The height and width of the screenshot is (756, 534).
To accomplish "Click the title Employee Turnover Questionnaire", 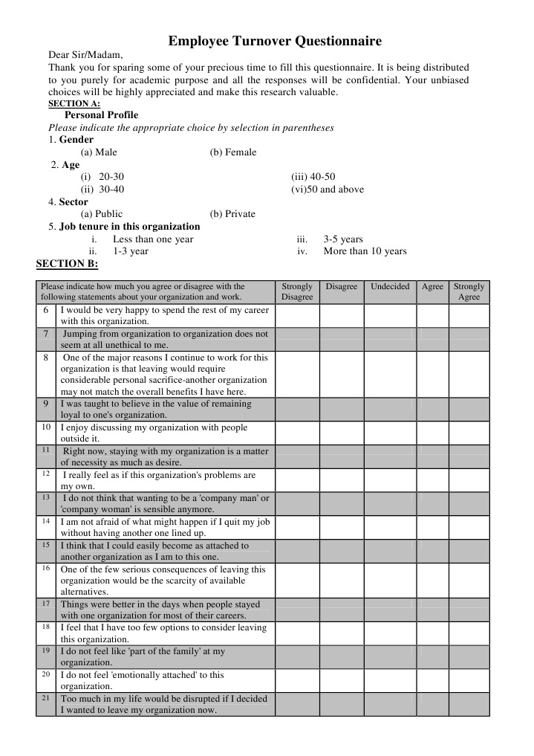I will pos(274,41).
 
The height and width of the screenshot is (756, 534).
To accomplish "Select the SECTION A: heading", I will pos(74,103).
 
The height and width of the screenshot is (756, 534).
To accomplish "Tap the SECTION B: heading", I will pos(67,263).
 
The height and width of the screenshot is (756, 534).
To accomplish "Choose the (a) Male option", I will pos(99,152).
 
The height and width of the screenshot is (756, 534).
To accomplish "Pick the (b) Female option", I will pos(232,152).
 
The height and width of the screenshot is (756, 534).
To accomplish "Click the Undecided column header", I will pos(389,286).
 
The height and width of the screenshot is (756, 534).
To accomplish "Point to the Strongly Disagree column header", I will pos(297,291).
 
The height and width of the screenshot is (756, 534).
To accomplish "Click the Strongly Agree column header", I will pos(469,291).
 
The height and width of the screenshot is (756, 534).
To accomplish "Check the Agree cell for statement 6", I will pos(432,316).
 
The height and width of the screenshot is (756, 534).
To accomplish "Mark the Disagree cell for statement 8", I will pos(341,374).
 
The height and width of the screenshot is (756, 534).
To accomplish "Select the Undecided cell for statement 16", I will pos(389,580).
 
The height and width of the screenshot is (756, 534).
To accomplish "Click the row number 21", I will pos(45,699).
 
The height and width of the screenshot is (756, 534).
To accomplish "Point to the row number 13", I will pos(45,497).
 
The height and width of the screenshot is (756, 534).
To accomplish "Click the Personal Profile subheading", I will pos(101,115).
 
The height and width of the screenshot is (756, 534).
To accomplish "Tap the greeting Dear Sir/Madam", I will pos(85,55).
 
